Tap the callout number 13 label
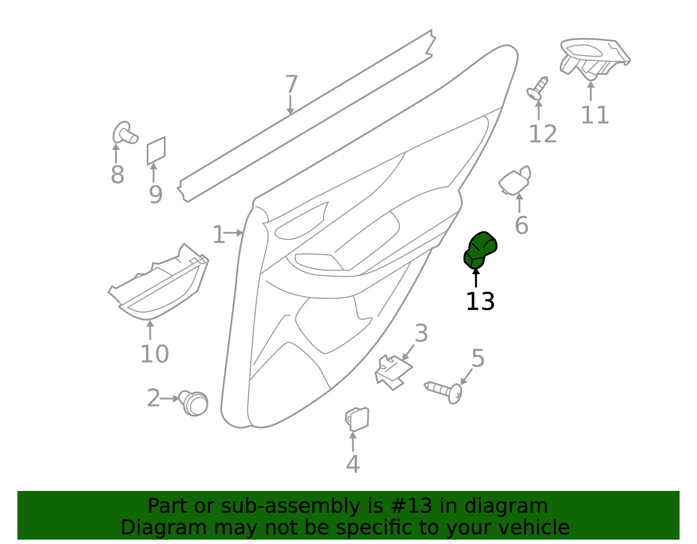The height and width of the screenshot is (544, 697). point(480,302)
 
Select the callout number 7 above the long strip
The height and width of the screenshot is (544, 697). point(291,84)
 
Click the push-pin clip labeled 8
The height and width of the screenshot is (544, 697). point(125,133)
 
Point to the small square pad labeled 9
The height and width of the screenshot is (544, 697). point(156,151)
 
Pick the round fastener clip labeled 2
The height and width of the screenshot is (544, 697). point(194,403)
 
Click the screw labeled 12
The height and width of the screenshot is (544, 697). point(537,88)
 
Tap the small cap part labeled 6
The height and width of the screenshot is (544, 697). point(515,181)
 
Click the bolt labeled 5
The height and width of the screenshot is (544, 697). point(443,392)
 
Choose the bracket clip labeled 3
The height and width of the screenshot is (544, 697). point(393,372)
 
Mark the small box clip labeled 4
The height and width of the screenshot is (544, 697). point(357,419)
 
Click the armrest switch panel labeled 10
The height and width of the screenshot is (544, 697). point(159,283)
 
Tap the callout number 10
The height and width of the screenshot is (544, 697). point(154,354)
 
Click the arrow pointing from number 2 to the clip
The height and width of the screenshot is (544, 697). point(169,399)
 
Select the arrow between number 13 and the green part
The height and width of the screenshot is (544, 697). point(476,278)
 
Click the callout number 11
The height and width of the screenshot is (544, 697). point(595,115)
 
